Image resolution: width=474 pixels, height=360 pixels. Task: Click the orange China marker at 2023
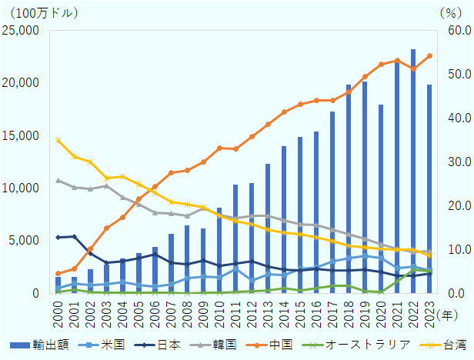[x=429, y=56]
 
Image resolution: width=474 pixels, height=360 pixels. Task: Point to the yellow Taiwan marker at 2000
[x=58, y=140]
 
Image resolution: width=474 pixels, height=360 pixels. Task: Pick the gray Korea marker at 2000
[x=58, y=181]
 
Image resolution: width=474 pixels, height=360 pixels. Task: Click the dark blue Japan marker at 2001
[x=75, y=236]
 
